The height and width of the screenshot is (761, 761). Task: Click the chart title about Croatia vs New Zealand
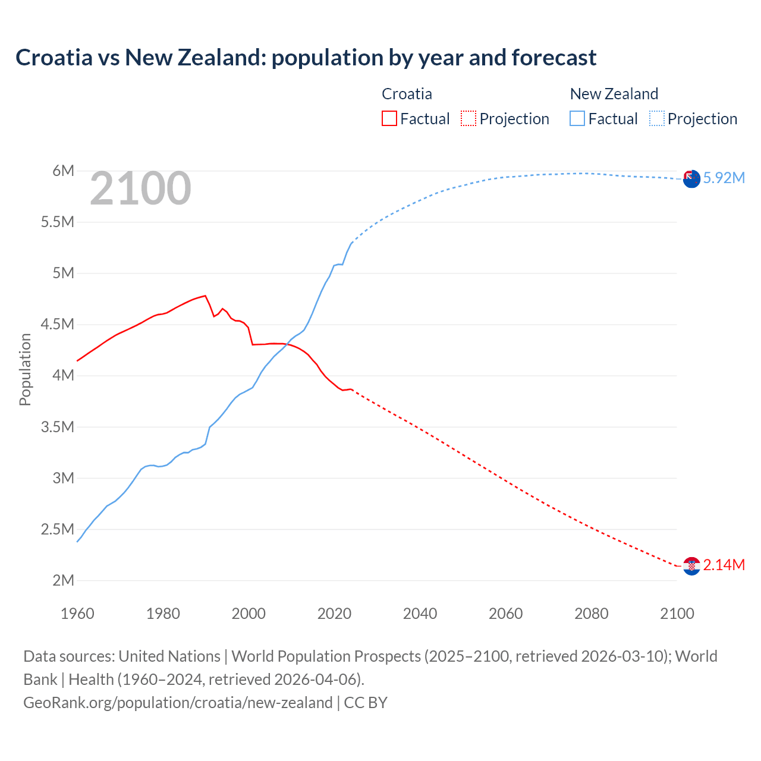coord(306,58)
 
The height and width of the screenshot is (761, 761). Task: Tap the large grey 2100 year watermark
coord(140,188)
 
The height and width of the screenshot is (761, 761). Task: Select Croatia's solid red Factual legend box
coord(389,118)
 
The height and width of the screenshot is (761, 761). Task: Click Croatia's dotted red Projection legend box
coord(468,118)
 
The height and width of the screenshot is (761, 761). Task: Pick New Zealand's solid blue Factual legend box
coord(577,118)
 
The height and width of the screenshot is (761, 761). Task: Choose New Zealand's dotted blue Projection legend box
coord(656,118)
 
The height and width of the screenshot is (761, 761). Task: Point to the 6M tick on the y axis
coord(63,171)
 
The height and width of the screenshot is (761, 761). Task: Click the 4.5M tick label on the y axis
coord(58,325)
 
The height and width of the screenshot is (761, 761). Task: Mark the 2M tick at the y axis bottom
coord(63,580)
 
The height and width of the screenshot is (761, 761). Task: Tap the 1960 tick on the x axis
coord(77,614)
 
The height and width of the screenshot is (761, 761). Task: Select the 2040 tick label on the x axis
coord(420,614)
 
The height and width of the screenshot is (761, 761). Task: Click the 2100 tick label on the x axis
coord(677,614)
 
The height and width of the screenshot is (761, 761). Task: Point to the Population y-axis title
coord(25,369)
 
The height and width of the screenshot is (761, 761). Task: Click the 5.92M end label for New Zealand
coord(724,178)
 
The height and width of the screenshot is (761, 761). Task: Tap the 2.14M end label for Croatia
coord(724,565)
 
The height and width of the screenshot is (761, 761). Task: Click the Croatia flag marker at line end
coord(691,566)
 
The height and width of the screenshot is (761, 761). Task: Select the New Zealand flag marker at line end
coord(691,178)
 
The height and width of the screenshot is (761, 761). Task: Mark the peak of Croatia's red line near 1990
coord(205,295)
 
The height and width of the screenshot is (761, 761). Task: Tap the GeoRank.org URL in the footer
coord(178,703)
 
